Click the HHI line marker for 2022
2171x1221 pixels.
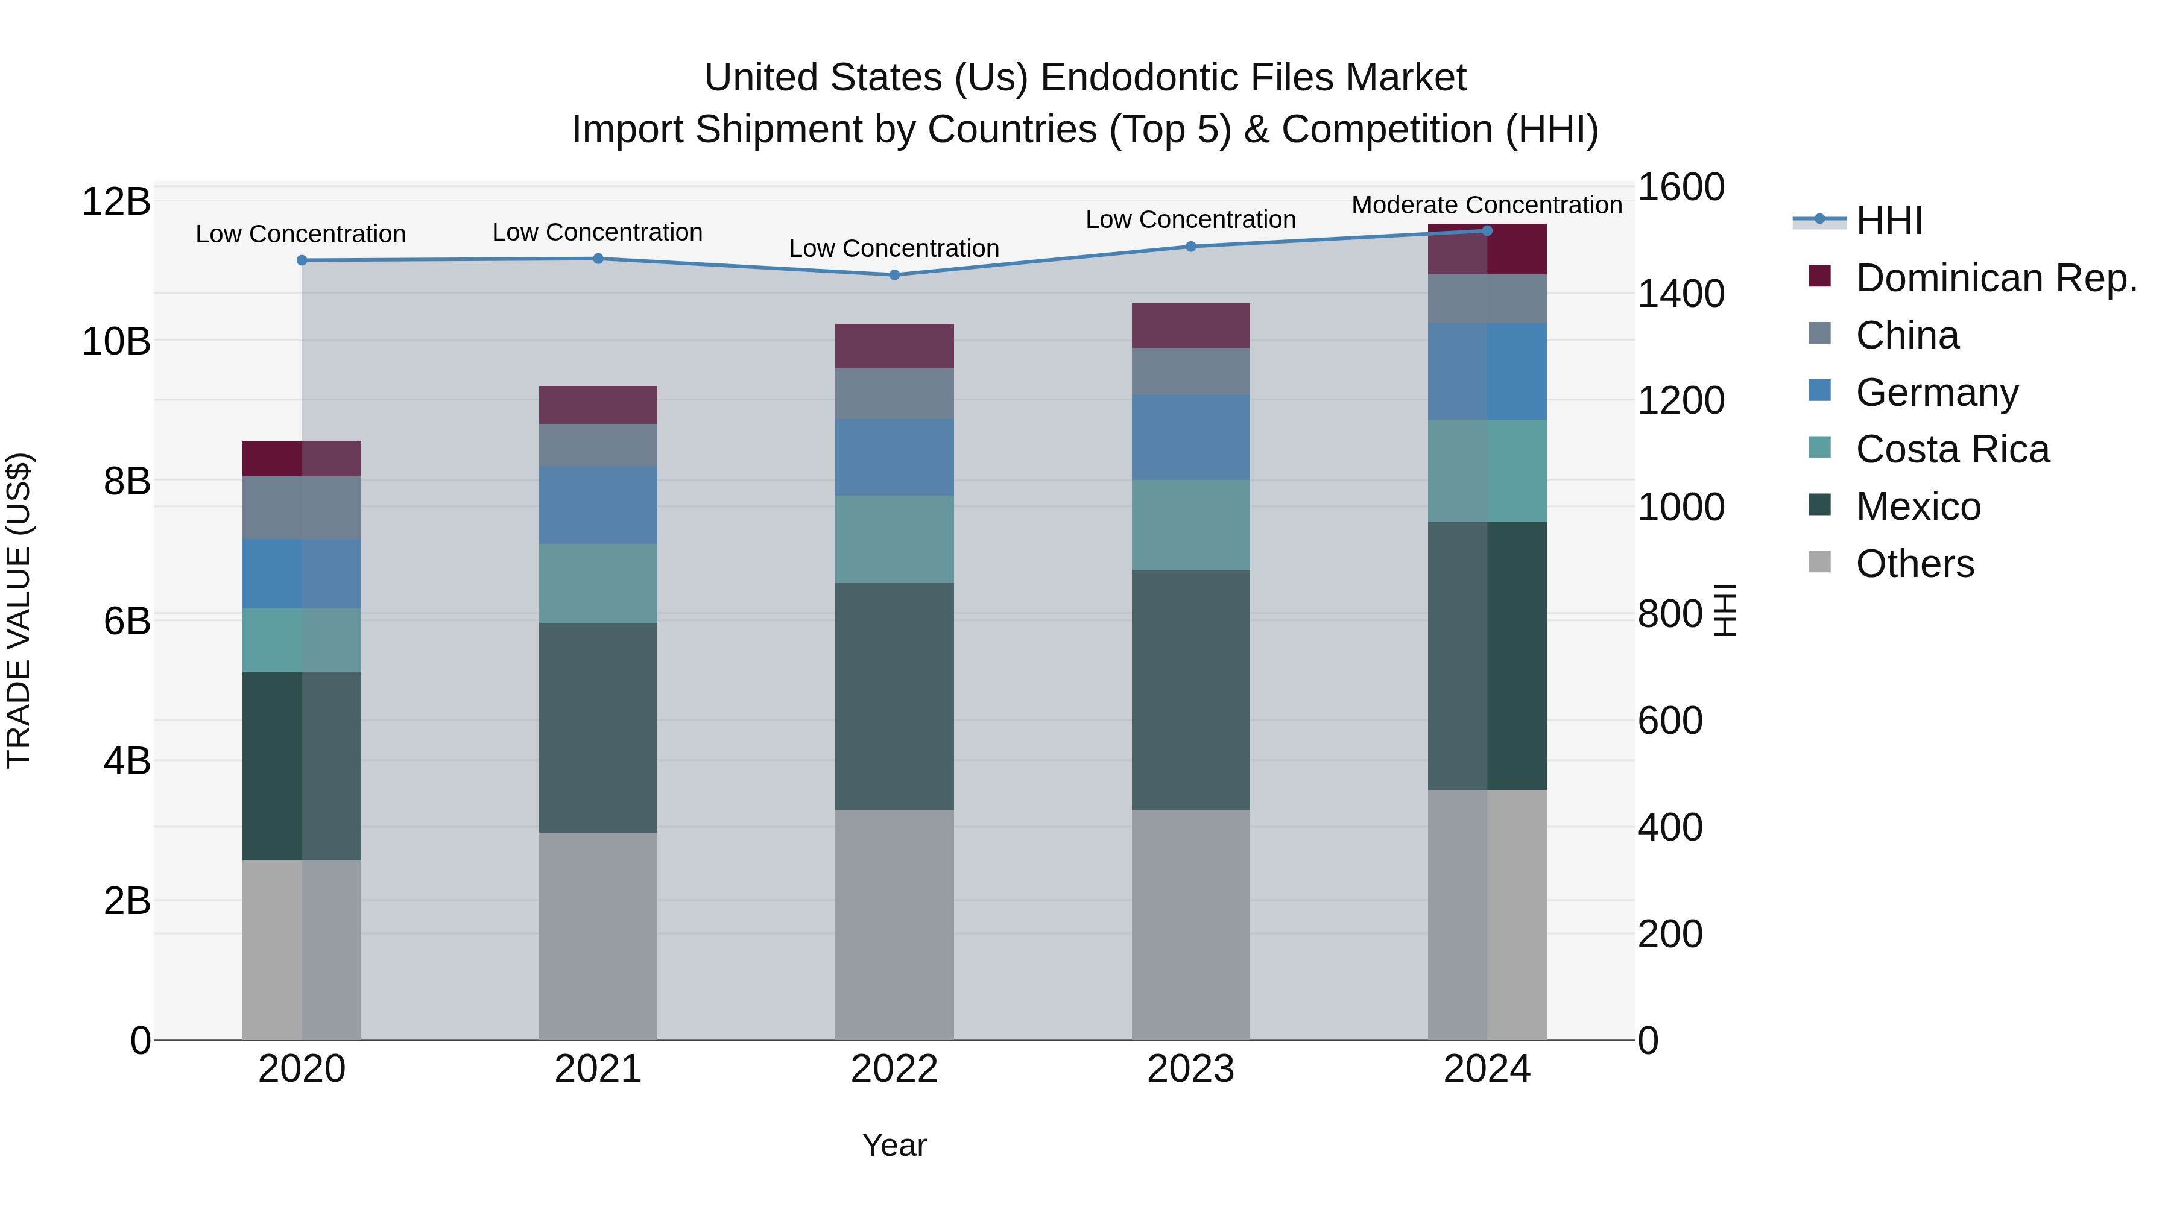(x=894, y=275)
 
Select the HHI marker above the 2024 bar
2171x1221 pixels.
(x=1487, y=230)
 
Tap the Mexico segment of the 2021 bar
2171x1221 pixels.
(x=598, y=727)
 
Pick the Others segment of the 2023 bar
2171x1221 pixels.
(x=1190, y=924)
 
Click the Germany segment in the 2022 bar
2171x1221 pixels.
(x=894, y=458)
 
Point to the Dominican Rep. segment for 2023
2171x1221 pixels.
(x=1190, y=325)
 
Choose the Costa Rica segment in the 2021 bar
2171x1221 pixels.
(x=598, y=583)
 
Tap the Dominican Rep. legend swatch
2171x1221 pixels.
(x=1819, y=276)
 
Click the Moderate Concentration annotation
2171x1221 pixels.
(x=1486, y=205)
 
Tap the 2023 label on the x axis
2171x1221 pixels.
(x=1190, y=1069)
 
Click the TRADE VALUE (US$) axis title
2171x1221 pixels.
(x=19, y=610)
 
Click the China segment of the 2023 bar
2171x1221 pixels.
(x=1190, y=371)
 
